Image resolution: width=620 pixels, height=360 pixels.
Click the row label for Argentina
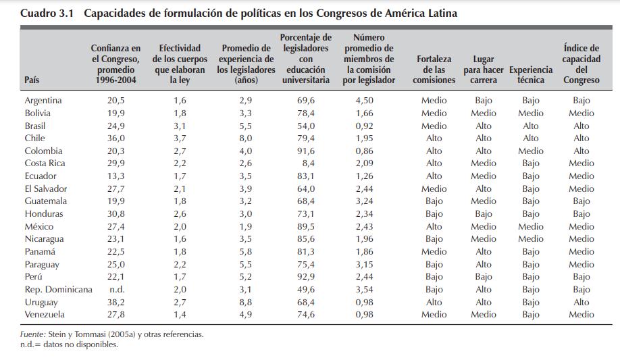click(x=43, y=100)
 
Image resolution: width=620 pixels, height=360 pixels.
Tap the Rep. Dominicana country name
click(x=58, y=289)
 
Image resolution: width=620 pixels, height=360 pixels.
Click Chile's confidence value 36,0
click(x=116, y=138)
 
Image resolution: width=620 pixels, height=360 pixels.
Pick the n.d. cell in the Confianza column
click(x=116, y=289)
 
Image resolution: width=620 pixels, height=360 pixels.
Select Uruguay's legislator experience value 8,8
click(x=246, y=302)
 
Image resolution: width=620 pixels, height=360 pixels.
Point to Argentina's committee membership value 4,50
click(x=365, y=100)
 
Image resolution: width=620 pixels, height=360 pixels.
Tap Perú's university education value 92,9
click(x=306, y=277)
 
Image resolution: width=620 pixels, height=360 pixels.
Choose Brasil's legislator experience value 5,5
click(x=246, y=126)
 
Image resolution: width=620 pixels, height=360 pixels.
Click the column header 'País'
click(x=32, y=80)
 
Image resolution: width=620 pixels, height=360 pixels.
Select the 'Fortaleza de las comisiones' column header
click(x=434, y=70)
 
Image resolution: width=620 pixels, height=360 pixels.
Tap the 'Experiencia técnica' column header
click(x=530, y=74)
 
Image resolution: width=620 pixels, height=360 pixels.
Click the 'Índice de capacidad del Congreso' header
click(x=581, y=64)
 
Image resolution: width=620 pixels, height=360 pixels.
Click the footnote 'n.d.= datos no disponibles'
click(x=70, y=344)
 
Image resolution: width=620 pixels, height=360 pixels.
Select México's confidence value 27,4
click(x=116, y=226)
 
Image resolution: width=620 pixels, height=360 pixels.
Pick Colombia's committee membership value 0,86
click(x=365, y=151)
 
